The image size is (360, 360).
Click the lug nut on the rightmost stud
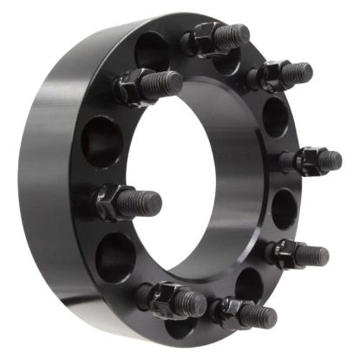pos(305,160)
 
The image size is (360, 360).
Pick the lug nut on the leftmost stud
pos(111,200)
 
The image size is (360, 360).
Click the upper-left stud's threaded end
pos(165,83)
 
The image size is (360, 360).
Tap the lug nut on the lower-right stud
pos(282,252)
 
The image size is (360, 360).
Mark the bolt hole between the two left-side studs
pos(101,140)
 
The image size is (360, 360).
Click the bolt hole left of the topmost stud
pos(152,49)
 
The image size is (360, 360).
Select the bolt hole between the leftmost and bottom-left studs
pos(115,256)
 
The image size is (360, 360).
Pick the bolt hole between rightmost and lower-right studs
pos(284,208)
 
